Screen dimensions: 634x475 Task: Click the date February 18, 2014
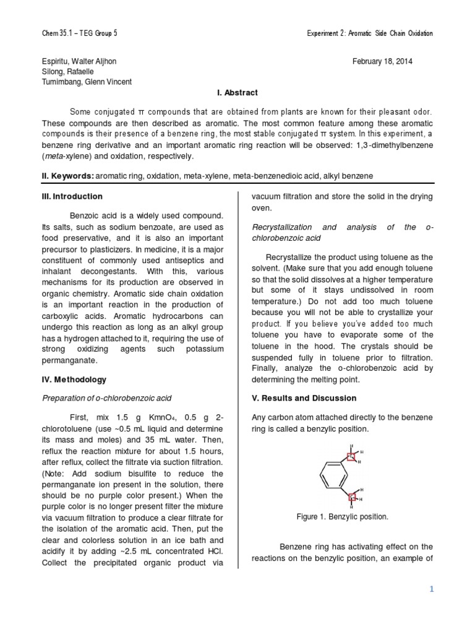tap(382, 62)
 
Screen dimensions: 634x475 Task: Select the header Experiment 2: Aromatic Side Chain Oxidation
tap(370, 33)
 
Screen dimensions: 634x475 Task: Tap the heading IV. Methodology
tap(74, 380)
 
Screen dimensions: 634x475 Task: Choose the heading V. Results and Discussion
tap(304, 398)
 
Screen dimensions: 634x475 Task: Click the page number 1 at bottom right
tap(432, 590)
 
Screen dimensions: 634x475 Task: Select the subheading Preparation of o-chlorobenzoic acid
tap(106, 398)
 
